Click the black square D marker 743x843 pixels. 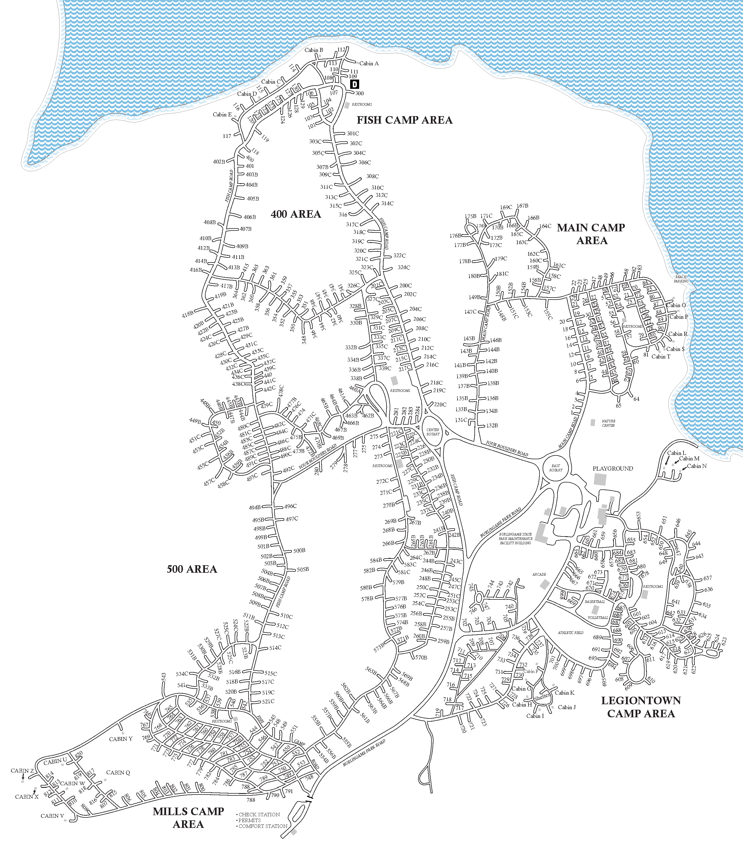click(355, 84)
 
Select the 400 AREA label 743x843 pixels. click(296, 214)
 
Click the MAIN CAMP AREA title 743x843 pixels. click(591, 234)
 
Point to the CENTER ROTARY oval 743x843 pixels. click(433, 432)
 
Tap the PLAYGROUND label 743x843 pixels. click(613, 469)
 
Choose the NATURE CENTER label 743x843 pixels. click(608, 423)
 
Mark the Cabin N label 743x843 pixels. click(697, 466)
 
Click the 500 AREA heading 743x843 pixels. click(192, 569)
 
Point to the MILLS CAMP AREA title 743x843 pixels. click(188, 817)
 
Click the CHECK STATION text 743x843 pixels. click(259, 815)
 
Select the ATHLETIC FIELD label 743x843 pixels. click(571, 633)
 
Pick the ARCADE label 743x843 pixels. click(539, 574)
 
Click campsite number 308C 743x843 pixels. click(372, 176)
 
